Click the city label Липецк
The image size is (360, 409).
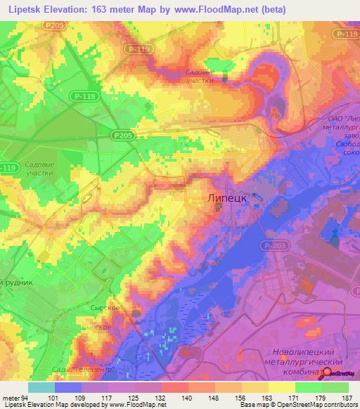[x=227, y=199]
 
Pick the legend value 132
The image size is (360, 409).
[x=161, y=397]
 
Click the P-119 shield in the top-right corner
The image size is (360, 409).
[x=346, y=34]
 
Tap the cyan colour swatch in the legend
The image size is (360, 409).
[x=41, y=387]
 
